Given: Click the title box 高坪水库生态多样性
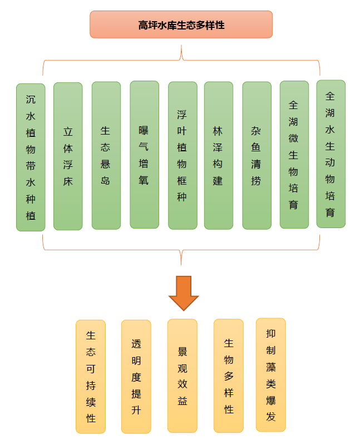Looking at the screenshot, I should pyautogui.click(x=181, y=24).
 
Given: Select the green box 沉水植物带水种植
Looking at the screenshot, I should pyautogui.click(x=31, y=157).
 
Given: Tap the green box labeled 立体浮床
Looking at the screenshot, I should pyautogui.click(x=68, y=156).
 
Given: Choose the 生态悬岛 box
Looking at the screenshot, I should pyautogui.click(x=106, y=156).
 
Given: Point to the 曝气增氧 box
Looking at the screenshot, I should pyautogui.click(x=144, y=155).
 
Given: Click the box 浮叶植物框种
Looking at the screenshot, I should pyautogui.click(x=183, y=156).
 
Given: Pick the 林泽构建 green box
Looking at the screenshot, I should pyautogui.click(x=218, y=156).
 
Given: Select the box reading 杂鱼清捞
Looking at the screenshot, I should pyautogui.click(x=257, y=156).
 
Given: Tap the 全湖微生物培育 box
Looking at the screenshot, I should pyautogui.click(x=294, y=155).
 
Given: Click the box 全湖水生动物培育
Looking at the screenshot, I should pyautogui.click(x=331, y=154).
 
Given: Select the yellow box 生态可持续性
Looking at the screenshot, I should pyautogui.click(x=91, y=377).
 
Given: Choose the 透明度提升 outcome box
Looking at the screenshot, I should pyautogui.click(x=136, y=377).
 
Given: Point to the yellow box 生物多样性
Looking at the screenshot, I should pyautogui.click(x=229, y=375).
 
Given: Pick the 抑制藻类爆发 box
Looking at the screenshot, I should pyautogui.click(x=271, y=375).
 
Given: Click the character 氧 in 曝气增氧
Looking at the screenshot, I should pyautogui.click(x=144, y=180).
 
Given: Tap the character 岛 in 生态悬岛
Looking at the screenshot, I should pyautogui.click(x=106, y=181).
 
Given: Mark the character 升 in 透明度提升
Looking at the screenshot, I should pyautogui.click(x=136, y=411).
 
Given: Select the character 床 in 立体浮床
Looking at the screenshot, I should pyautogui.click(x=68, y=181).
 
